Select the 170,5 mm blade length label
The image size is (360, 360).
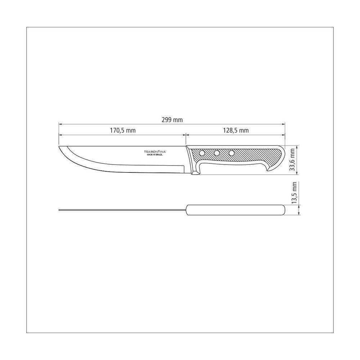(x=123, y=131)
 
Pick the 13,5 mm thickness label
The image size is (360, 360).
(x=294, y=193)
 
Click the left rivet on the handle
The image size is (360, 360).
(x=202, y=154)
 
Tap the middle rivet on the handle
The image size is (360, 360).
(x=217, y=154)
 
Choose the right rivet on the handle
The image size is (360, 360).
(x=231, y=154)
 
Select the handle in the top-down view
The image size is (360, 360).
(x=235, y=210)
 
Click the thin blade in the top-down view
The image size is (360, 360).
(x=122, y=210)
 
